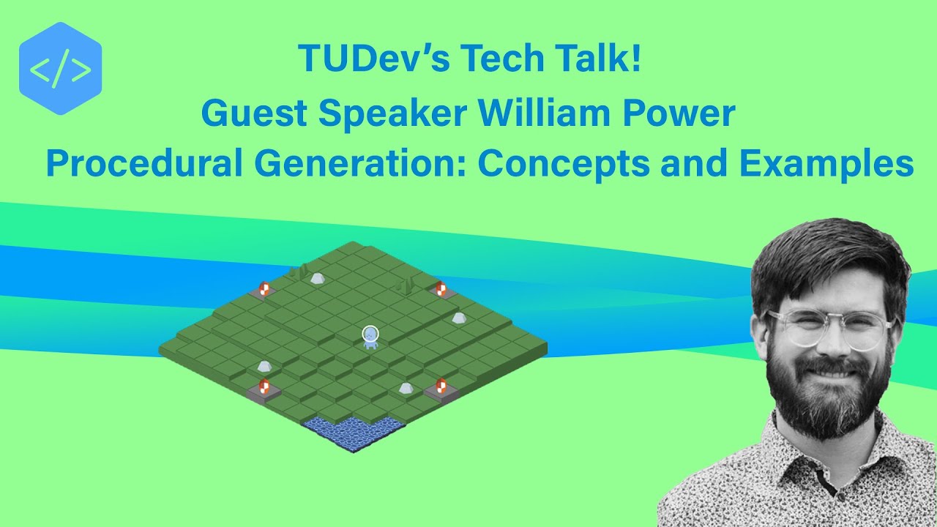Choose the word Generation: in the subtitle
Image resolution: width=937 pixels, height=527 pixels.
[358, 164]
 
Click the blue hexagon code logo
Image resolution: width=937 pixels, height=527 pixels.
[60, 70]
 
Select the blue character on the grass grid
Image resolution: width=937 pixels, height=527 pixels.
[371, 337]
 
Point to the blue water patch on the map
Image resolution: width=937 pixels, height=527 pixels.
[353, 433]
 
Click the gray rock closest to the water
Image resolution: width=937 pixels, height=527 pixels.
[406, 388]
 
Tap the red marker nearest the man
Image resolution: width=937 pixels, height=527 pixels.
[441, 386]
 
